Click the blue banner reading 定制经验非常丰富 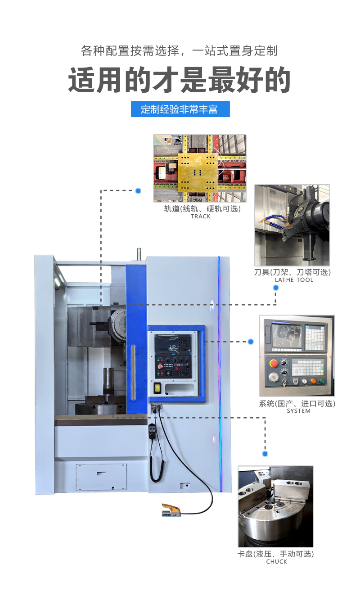point(180,109)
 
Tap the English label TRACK point(200,217)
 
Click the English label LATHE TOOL point(294,280)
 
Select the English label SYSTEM point(298,411)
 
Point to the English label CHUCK point(277,561)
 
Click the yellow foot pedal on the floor point(171,510)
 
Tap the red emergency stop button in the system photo point(274,363)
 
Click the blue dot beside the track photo point(138,191)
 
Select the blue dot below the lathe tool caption point(276,288)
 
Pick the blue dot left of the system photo point(251,342)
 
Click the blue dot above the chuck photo point(265,454)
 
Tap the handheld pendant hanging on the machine point(152,429)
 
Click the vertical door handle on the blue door point(133,372)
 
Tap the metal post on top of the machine point(139,254)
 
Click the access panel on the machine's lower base point(101,477)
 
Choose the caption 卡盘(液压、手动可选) point(276,554)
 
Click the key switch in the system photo point(284,382)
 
